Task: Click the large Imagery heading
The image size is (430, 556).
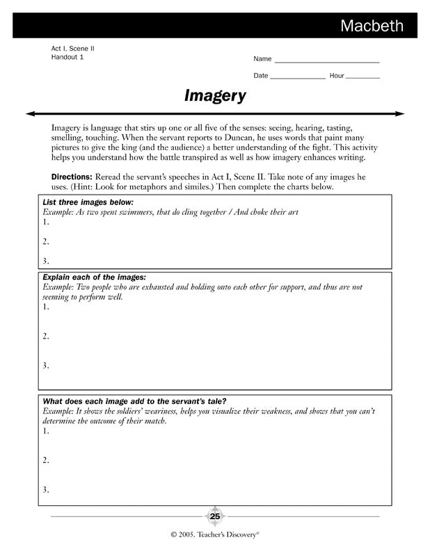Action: coord(215,96)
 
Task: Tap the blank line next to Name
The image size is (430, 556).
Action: coord(326,60)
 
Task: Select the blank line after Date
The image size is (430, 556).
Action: coord(297,76)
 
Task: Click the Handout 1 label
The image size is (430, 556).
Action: coord(67,57)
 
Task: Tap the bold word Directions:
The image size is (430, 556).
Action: coord(72,177)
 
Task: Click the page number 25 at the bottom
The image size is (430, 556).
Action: coord(215,516)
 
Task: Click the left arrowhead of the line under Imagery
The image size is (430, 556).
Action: coord(30,113)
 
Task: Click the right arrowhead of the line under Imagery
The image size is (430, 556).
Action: coord(401,113)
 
